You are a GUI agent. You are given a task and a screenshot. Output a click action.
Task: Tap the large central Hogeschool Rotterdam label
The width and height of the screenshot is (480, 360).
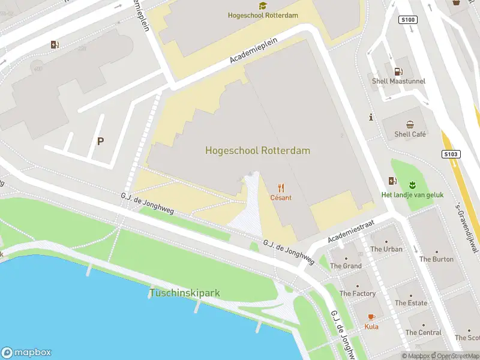pos(257,151)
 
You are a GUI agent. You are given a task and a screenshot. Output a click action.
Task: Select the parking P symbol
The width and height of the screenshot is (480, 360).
pos(101,142)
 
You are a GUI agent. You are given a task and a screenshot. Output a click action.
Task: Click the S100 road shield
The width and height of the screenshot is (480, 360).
pos(407,20)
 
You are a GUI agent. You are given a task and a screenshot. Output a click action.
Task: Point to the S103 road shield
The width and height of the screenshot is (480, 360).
pos(451,154)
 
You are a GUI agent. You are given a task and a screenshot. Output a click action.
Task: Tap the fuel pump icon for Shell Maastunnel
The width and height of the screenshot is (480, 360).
pos(397,71)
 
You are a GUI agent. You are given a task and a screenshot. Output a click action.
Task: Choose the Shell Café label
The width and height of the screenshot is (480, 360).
pos(410,134)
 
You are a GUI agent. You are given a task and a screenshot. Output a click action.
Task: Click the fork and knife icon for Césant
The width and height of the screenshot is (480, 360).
pos(281,188)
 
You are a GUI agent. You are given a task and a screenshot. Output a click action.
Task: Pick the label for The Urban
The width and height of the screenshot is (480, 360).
pos(386,249)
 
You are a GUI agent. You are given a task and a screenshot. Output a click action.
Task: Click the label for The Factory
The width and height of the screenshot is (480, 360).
pos(358,293)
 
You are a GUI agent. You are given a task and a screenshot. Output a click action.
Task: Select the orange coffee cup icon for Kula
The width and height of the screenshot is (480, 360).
pos(371,317)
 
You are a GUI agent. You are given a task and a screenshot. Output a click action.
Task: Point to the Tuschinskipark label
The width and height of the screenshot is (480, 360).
pos(184,293)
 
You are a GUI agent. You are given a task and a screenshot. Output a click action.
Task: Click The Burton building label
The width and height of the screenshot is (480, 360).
pos(436,259)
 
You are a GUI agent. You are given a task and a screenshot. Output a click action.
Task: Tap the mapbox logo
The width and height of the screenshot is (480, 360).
pos(26,352)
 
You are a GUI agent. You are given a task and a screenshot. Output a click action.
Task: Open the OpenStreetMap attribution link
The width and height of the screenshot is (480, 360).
pos(454,356)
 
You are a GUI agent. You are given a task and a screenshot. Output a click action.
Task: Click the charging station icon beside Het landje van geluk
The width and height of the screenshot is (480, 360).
pos(392,181)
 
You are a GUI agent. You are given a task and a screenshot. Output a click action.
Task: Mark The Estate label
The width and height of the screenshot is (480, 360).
pos(410,303)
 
